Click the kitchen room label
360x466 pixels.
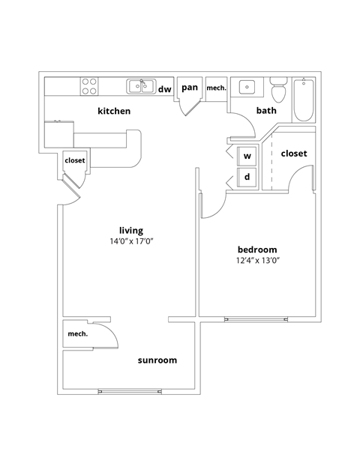tap(115, 111)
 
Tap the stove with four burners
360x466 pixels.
tap(90, 86)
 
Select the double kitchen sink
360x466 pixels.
tap(140, 86)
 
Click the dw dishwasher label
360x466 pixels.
tap(164, 88)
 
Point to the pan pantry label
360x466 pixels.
tap(190, 88)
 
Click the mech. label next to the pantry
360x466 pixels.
tap(216, 88)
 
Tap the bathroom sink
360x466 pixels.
tap(246, 88)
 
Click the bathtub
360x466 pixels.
tap(303, 100)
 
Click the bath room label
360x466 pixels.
tap(266, 111)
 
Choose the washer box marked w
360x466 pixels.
tap(247, 157)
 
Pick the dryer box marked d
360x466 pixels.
tap(247, 178)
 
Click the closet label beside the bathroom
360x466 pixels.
tap(293, 154)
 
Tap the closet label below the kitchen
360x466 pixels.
tap(75, 160)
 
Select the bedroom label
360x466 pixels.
tap(257, 249)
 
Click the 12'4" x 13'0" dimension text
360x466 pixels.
tap(257, 261)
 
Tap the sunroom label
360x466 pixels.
tap(157, 360)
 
